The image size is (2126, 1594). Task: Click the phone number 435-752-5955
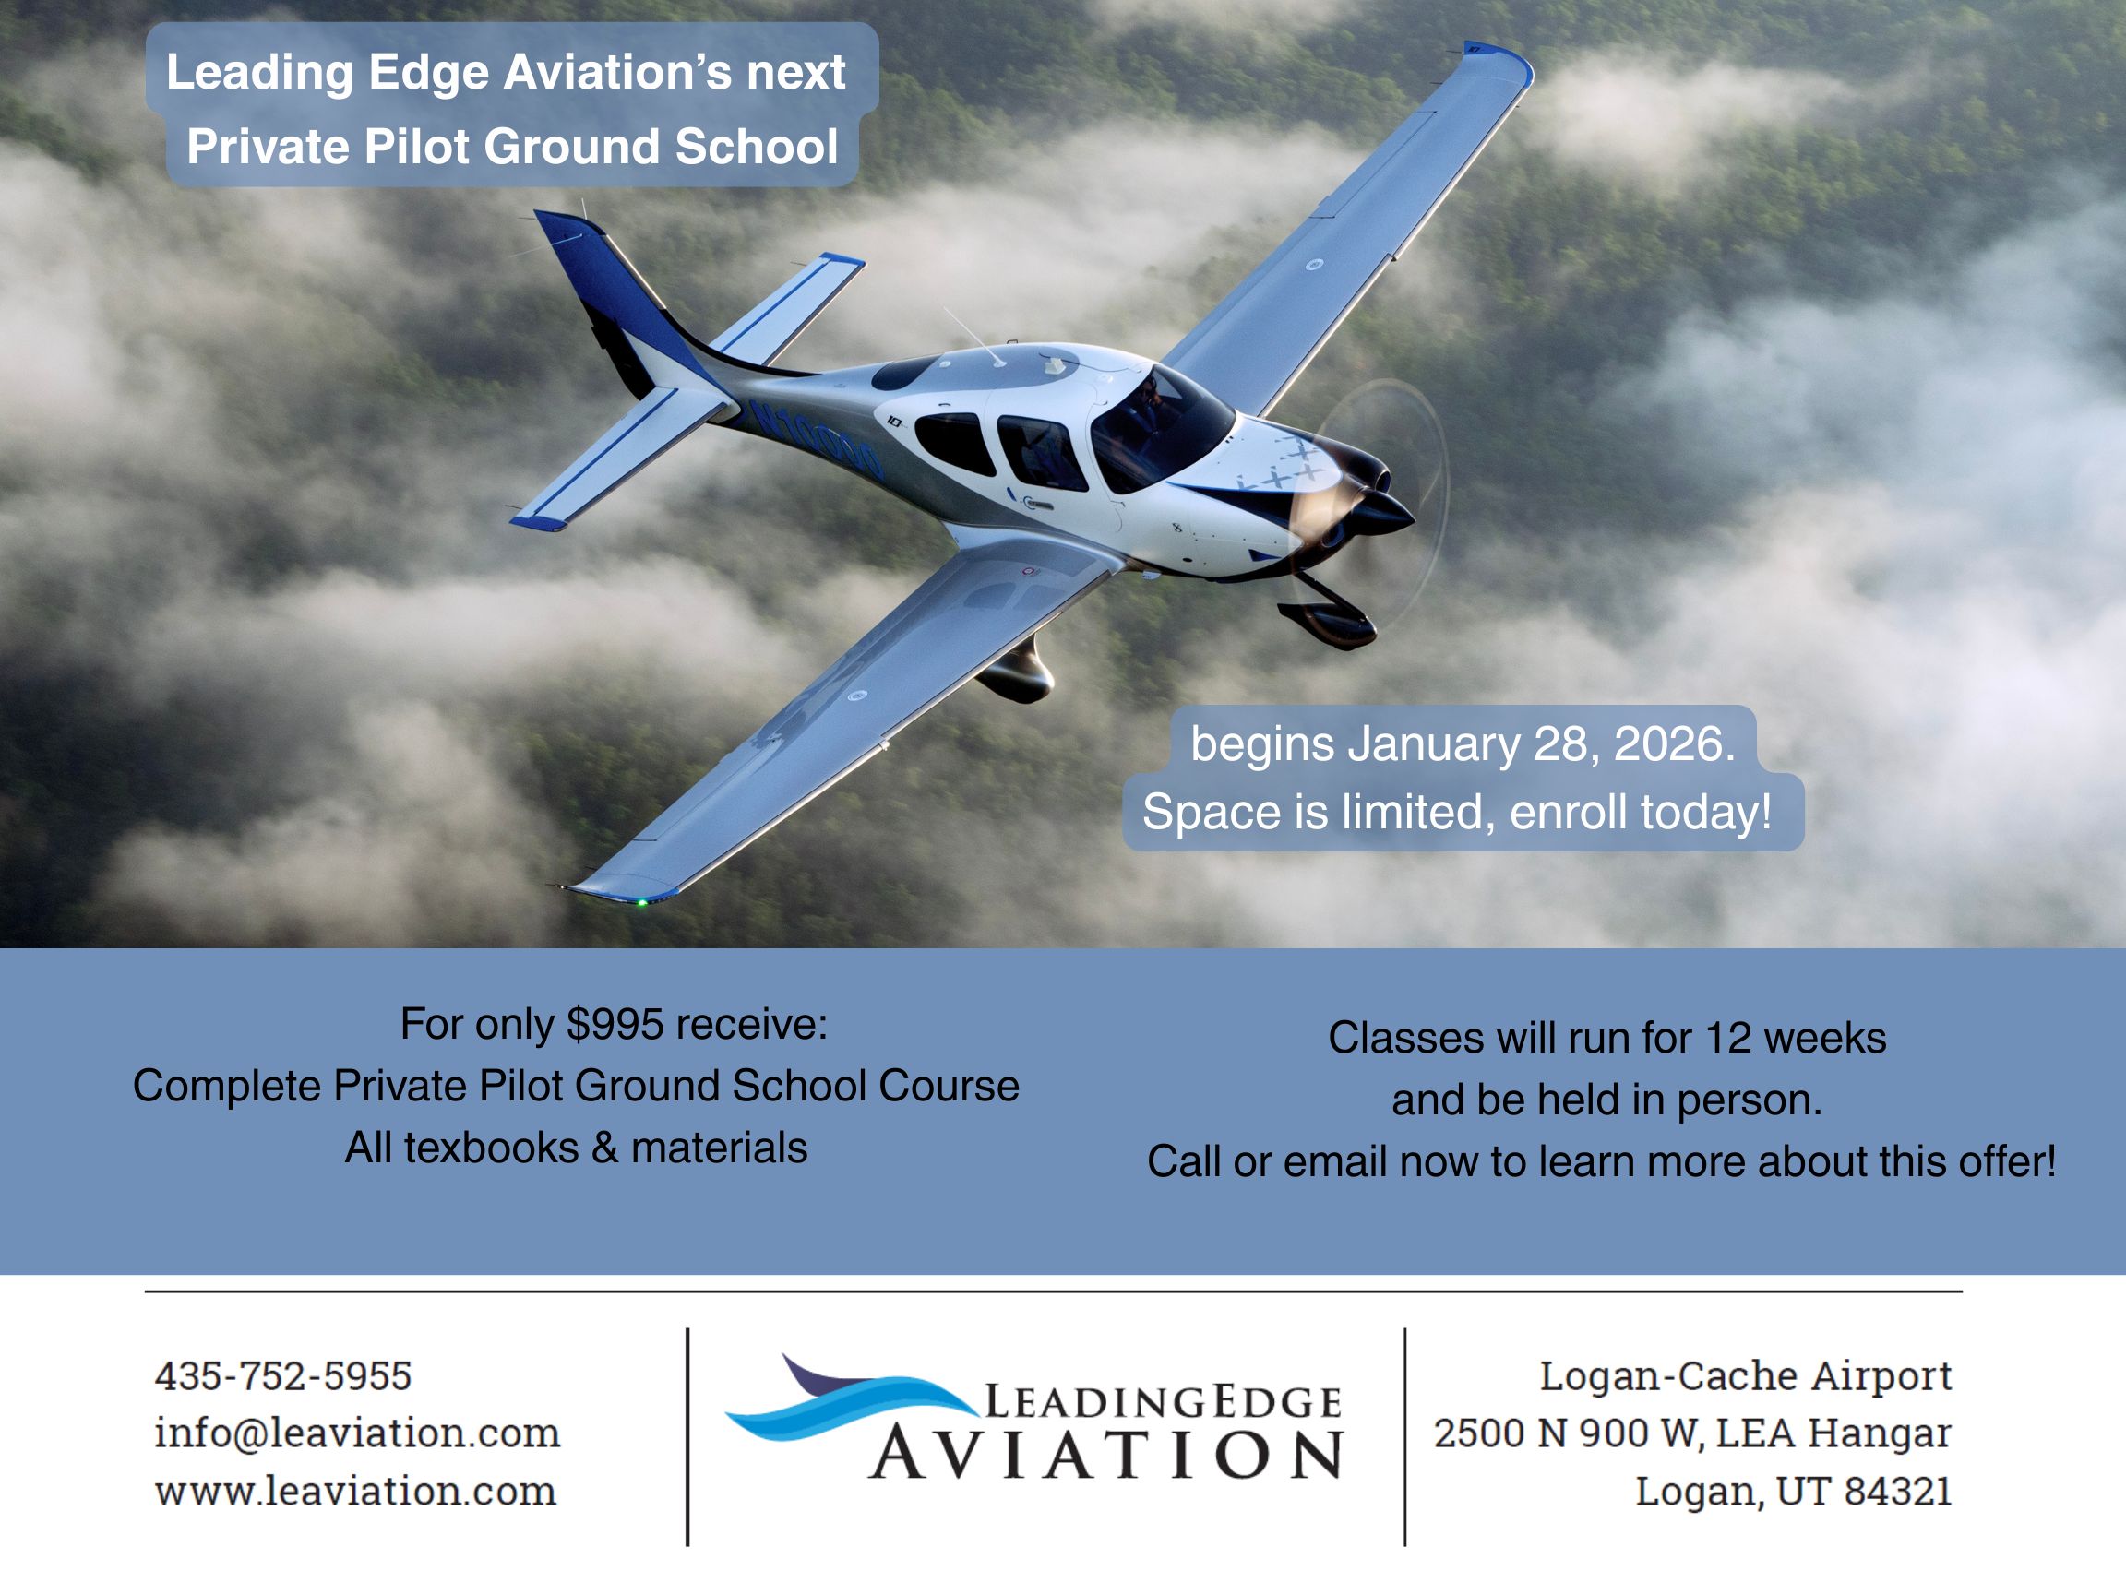tap(283, 1376)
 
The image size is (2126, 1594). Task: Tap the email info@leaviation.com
tap(357, 1433)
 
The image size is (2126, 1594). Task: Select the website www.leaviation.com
tap(355, 1491)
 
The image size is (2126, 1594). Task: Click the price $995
tap(615, 1024)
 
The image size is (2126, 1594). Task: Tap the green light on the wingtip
tap(641, 901)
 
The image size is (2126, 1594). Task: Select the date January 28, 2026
tap(1542, 743)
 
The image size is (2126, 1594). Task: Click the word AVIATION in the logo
tap(1106, 1454)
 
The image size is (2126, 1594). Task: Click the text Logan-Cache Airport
tap(1746, 1376)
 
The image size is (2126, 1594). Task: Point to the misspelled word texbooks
tap(491, 1148)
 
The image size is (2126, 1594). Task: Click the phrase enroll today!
tap(1641, 813)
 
